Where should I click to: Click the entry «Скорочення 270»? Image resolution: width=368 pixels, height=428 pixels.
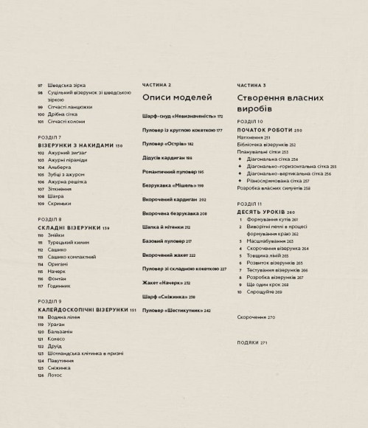[256, 317]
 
